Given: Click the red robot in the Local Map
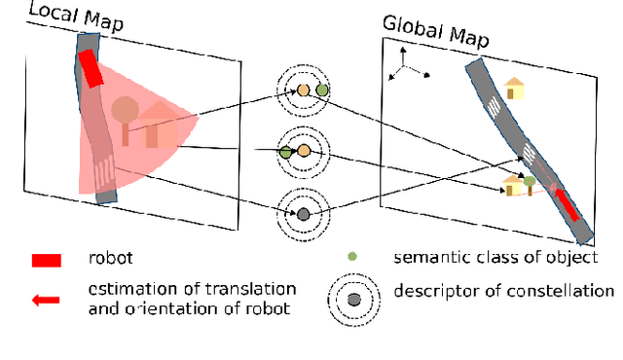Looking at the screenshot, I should coord(90,68).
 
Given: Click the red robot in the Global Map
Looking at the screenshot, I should coord(566,205).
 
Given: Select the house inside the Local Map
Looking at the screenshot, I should coord(151,127).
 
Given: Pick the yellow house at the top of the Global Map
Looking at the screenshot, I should coord(513,89).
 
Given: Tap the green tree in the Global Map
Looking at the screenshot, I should coord(530,181).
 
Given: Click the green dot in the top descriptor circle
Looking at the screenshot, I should coord(322,90).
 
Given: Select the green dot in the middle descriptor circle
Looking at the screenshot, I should coord(285,152).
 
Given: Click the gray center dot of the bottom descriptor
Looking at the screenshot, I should coord(303,213).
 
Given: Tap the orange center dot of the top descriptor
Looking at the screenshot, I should coord(303,90).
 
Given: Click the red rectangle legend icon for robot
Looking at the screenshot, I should coord(46,260).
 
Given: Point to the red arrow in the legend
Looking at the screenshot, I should coord(45,300).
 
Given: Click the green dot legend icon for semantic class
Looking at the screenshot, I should coord(351,257).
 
